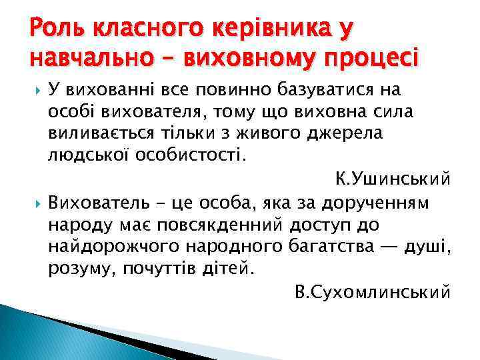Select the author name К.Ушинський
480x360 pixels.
click(x=392, y=179)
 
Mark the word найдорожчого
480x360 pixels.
click(x=108, y=247)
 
